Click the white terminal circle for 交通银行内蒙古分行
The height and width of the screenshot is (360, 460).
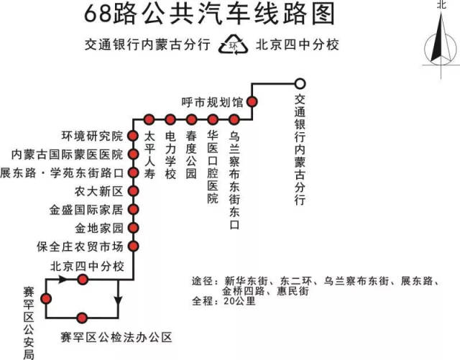point(300,84)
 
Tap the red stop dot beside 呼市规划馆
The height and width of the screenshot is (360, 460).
point(252,102)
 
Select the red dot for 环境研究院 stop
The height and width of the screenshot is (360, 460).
point(133,136)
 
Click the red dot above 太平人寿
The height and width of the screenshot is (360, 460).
point(149,119)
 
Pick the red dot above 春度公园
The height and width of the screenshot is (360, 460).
point(191,119)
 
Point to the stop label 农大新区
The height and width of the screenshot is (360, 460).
point(98,191)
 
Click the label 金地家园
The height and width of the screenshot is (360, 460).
point(99,228)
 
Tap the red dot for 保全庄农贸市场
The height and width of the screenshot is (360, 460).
point(133,246)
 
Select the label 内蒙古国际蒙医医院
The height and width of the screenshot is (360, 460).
point(67,154)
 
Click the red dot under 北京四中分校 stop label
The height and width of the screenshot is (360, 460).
point(83,280)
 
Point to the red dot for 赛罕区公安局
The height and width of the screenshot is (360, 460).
point(46,299)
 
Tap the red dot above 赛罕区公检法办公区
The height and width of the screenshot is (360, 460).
point(82,318)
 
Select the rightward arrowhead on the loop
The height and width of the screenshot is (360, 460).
point(63,280)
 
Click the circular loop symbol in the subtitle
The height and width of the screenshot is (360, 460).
point(233,45)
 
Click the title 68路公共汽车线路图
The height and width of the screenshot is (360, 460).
point(209,14)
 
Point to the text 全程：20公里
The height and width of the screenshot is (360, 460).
point(224,301)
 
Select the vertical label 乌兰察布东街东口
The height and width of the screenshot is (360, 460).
point(234,180)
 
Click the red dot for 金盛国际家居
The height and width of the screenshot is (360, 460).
point(133,210)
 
